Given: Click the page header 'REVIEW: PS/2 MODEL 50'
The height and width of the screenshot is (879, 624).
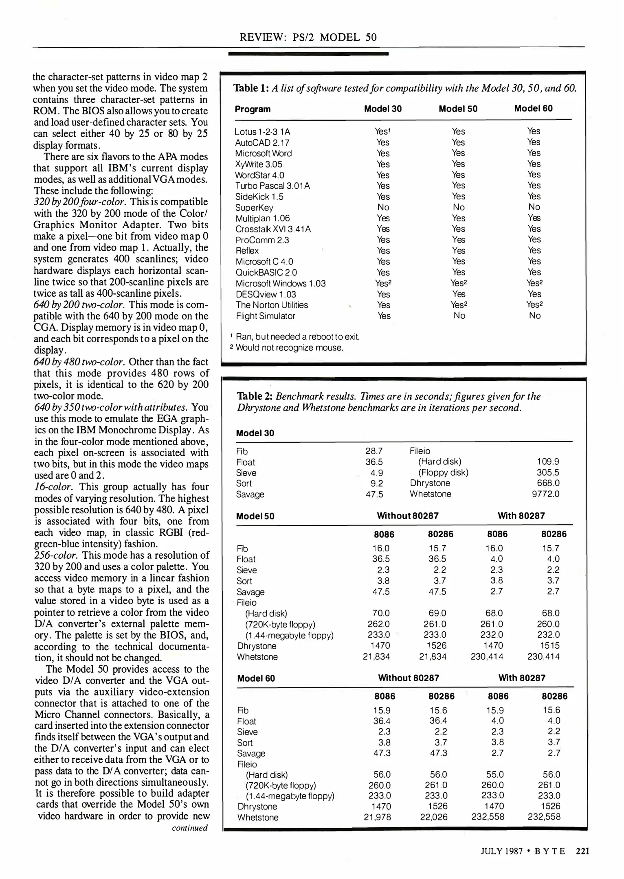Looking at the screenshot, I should tap(308, 37).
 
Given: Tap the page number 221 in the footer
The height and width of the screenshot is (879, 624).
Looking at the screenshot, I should tap(582, 851).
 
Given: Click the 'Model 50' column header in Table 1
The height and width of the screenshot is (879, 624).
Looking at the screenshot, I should tap(458, 109).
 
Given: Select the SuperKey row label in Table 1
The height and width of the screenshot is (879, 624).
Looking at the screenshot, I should tap(254, 208).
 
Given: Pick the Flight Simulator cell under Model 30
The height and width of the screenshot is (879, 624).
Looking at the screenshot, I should tap(384, 316).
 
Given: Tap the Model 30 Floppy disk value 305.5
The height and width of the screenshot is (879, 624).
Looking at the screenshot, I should tap(548, 472).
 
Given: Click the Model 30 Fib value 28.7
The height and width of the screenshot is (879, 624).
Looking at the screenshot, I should tap(374, 451).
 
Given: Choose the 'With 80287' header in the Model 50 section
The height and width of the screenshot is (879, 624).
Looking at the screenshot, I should tap(521, 516).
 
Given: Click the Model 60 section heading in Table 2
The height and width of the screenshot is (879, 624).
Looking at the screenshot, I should tap(256, 678).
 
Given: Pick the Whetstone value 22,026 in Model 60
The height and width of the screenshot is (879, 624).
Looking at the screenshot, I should tap(434, 817).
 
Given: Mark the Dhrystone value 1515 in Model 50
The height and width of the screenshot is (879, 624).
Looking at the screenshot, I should tap(550, 645).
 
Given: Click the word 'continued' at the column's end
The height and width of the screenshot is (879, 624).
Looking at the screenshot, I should tap(189, 828).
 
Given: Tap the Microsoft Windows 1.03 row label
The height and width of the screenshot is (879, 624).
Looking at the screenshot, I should tap(280, 283).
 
